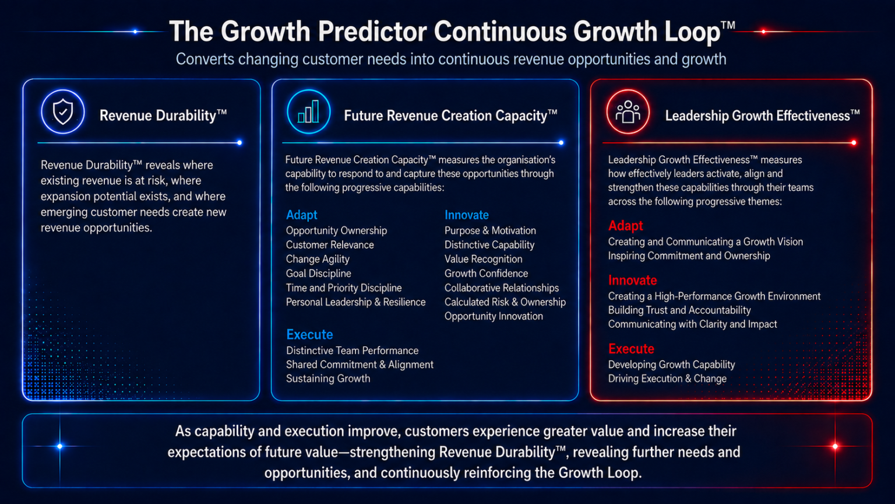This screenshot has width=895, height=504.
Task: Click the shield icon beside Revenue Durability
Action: pyautogui.click(x=63, y=111)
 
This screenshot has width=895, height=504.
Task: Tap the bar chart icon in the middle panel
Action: pyautogui.click(x=308, y=111)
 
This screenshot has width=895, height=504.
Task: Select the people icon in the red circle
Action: pyautogui.click(x=628, y=111)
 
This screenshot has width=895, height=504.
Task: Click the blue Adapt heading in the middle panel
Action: pyautogui.click(x=302, y=215)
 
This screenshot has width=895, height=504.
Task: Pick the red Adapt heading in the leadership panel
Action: pyautogui.click(x=625, y=226)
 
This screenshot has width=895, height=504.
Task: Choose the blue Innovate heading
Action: pyautogui.click(x=467, y=215)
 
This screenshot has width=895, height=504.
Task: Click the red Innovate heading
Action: pyautogui.click(x=632, y=280)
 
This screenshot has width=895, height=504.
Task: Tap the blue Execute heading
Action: pyautogui.click(x=309, y=334)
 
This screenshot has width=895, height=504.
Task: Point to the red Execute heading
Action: pyautogui.click(x=631, y=349)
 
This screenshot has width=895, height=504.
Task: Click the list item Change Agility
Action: pyautogui.click(x=318, y=259)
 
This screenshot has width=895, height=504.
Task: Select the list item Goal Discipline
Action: pyautogui.click(x=319, y=273)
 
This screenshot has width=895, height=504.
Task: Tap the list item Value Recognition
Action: pyautogui.click(x=484, y=259)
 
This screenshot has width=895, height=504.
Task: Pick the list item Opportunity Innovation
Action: pyautogui.click(x=494, y=316)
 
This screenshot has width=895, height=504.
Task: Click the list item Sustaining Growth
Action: pyautogui.click(x=328, y=379)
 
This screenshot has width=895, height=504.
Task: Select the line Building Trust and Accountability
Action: pyautogui.click(x=679, y=310)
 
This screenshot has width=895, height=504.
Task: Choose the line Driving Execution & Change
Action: pyautogui.click(x=667, y=379)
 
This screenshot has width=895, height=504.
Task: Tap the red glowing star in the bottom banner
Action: pyautogui.click(x=835, y=446)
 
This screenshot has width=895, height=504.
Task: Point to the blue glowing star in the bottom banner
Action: pyautogui.click(x=59, y=446)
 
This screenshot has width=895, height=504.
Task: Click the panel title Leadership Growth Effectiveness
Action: pyautogui.click(x=762, y=115)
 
